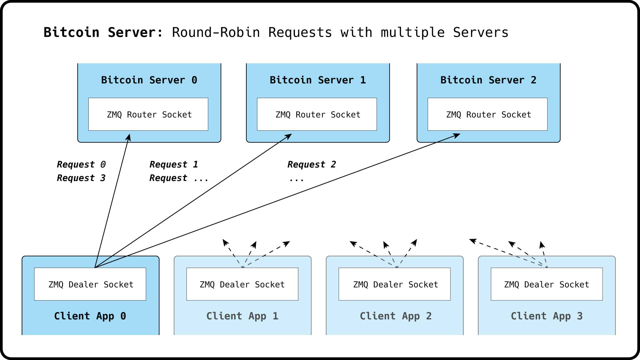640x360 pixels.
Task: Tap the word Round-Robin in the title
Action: [216, 32]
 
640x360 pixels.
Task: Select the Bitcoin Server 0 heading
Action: [149, 80]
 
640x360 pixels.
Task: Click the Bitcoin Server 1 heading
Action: [318, 80]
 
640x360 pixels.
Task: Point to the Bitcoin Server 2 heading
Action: [488, 80]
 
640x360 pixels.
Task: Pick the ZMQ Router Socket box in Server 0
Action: [148, 114]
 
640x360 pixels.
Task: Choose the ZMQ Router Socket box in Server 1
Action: [317, 114]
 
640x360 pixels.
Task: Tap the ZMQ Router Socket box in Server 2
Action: [488, 114]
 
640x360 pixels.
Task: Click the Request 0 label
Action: [81, 164]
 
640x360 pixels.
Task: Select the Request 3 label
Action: [81, 178]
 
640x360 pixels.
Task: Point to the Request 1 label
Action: [174, 164]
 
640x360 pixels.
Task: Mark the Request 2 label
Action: [312, 164]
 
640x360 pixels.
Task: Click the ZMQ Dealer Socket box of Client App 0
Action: [90, 284]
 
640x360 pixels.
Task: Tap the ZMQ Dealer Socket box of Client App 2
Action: [395, 284]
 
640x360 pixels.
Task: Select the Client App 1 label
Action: [242, 316]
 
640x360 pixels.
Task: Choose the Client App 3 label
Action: [547, 316]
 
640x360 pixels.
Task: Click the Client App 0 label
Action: [90, 316]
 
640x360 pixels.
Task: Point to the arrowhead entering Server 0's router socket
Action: [129, 137]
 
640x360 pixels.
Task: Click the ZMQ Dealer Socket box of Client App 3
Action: [547, 284]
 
